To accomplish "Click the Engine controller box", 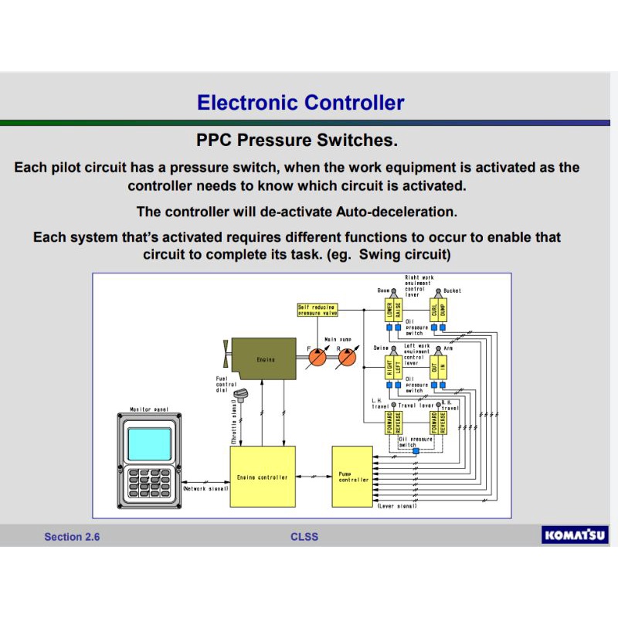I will point(262,477).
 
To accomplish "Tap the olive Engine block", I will point(264,358).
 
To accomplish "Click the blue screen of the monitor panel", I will point(150,444).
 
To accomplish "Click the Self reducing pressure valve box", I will point(319,311).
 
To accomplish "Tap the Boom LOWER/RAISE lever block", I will point(394,311).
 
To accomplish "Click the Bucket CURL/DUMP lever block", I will point(438,311).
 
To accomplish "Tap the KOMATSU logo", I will point(576,535).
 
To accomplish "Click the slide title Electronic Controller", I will point(301,102).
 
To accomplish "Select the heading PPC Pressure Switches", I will point(297,141).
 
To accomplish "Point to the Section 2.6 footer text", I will point(72,537).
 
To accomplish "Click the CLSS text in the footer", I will point(304,537).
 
